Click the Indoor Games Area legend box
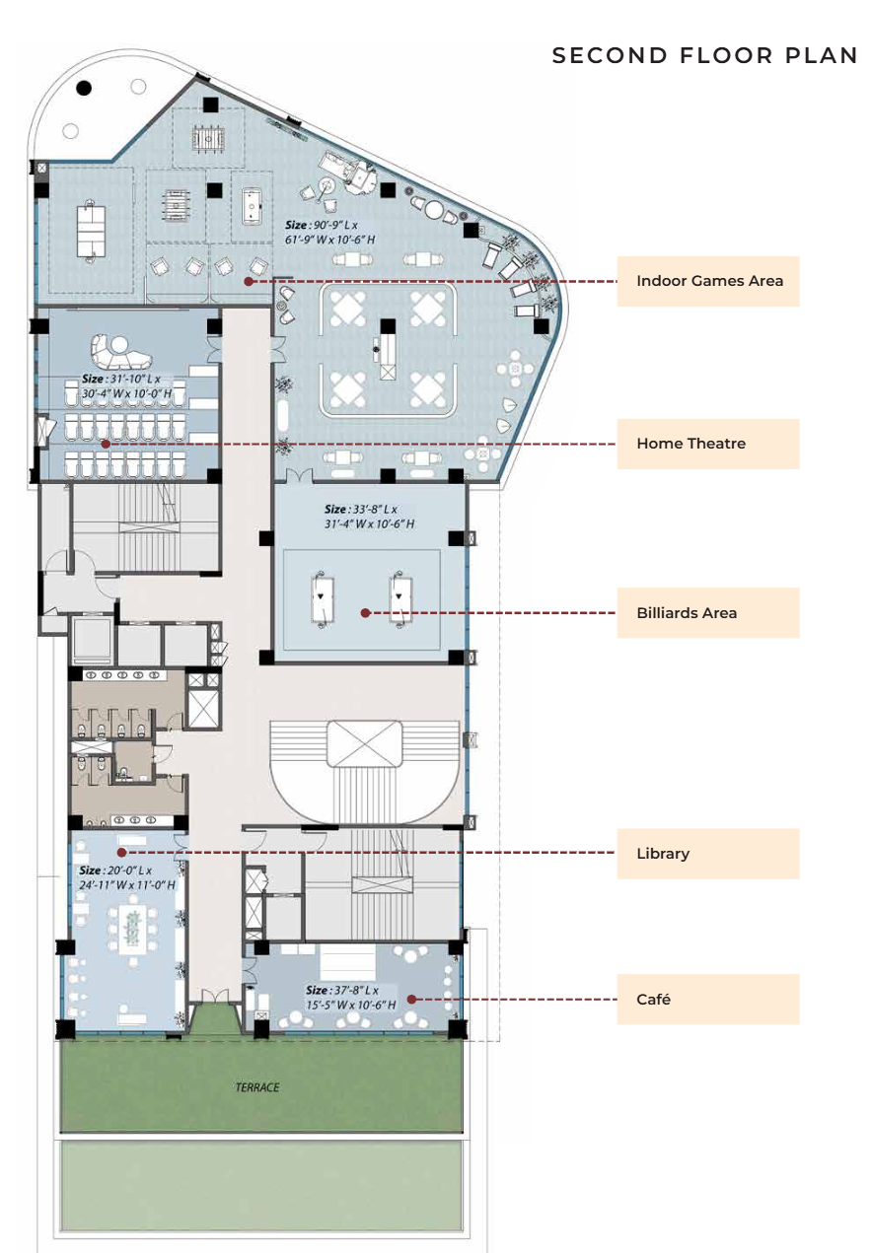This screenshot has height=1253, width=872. tap(708, 281)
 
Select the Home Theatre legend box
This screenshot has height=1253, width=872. tap(708, 444)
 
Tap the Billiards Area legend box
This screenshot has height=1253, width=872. tap(708, 613)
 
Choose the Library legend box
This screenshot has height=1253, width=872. tap(708, 854)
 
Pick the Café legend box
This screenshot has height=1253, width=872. tap(708, 1000)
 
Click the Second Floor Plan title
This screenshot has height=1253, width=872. tap(704, 55)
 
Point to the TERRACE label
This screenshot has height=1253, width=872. tap(257, 1087)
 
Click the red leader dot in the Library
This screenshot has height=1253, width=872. tap(122, 853)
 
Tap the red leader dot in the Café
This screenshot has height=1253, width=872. tap(411, 999)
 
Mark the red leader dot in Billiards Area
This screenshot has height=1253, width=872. tap(366, 613)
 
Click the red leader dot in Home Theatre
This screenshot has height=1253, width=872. tap(106, 445)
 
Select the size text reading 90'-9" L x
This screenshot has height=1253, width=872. tap(322, 226)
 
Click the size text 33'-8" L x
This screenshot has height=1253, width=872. tap(361, 510)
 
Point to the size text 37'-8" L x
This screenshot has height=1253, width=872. tap(342, 990)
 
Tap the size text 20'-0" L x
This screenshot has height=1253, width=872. tap(115, 870)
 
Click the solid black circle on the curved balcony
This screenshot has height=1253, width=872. tap(84, 88)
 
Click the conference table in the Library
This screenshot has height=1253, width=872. tap(133, 930)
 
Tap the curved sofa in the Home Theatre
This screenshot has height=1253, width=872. tap(120, 351)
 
